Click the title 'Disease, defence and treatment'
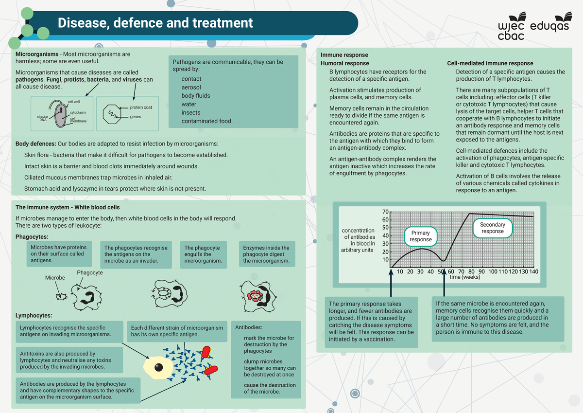point(155,23)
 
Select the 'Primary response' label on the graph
point(421,236)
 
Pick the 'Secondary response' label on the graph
point(492,228)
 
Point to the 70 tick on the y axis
point(385,212)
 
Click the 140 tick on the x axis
point(534,271)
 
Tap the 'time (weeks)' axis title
point(465,277)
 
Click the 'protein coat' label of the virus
point(141,108)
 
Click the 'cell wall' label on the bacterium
point(74,102)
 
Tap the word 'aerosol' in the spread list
point(191,87)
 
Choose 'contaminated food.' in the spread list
point(207,121)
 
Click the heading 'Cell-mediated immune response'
point(490,63)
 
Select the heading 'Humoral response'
point(344,63)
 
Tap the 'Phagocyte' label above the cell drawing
point(90,273)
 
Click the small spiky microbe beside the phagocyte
point(61,296)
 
